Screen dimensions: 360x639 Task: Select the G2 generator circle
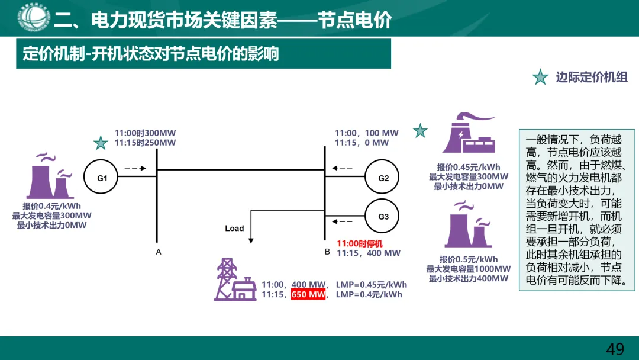click(383, 178)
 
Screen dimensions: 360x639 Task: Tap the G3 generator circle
click(383, 216)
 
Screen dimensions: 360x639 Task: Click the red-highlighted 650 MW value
click(308, 294)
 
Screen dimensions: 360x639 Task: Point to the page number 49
click(615, 349)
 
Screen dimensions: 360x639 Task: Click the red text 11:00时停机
click(360, 243)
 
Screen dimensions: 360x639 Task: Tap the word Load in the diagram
click(234, 228)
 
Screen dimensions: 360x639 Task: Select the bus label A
click(159, 252)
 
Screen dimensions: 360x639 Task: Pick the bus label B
click(327, 252)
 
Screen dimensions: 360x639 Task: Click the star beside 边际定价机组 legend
click(540, 77)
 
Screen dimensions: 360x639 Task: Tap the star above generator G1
click(101, 143)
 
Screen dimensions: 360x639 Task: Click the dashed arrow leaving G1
click(135, 168)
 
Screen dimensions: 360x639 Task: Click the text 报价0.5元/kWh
click(469, 259)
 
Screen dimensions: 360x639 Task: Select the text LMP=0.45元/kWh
click(372, 284)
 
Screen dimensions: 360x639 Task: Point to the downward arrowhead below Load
click(251, 240)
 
